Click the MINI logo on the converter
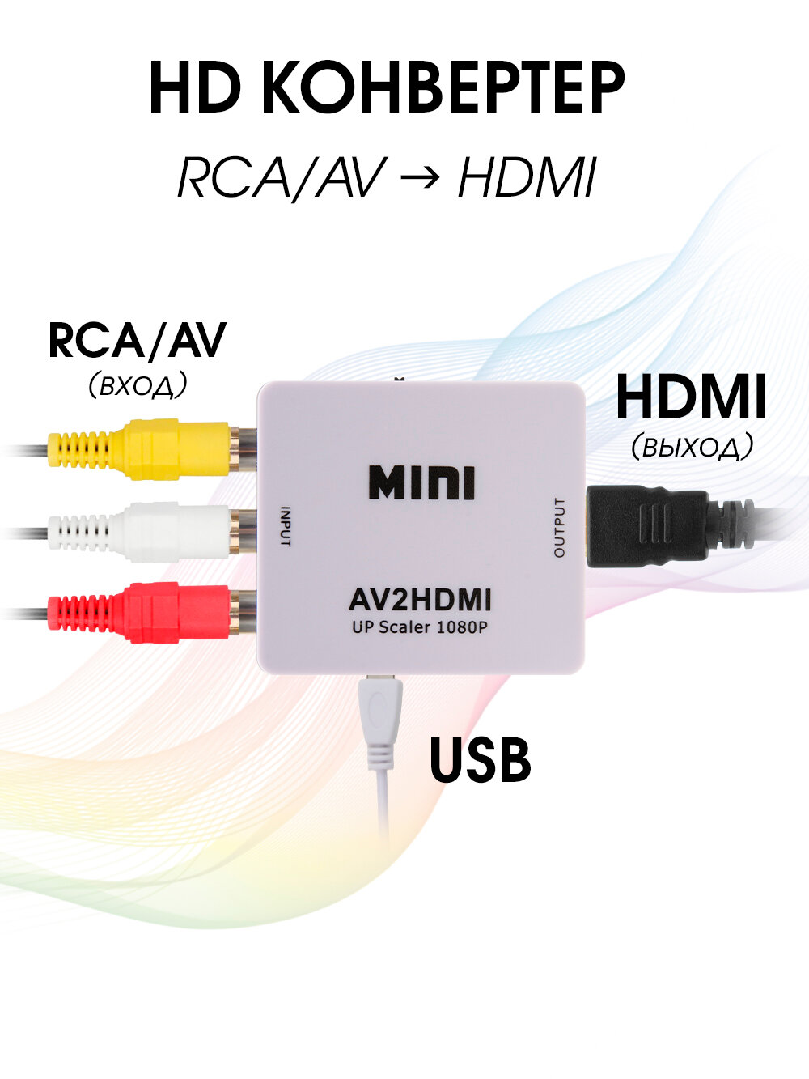point(421,483)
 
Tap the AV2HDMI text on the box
point(420,601)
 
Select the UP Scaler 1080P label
point(420,627)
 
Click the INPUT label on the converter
point(285,526)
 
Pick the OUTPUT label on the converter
point(559,528)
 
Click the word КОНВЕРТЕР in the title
point(443,88)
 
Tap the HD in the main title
point(194,88)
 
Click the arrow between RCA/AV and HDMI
point(421,179)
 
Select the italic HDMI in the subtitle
point(527,178)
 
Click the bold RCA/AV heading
point(138,341)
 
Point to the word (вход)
point(138,384)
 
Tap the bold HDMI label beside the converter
point(691,397)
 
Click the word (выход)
point(692,446)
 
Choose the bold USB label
point(480,760)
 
